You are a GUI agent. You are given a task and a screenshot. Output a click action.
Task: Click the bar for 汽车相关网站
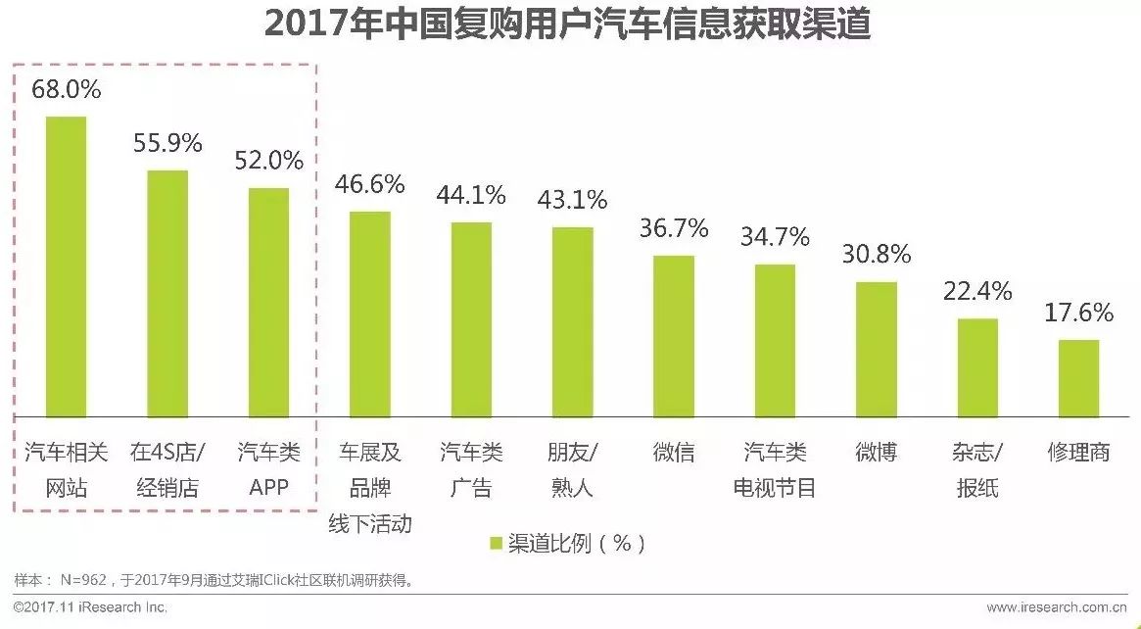(66, 266)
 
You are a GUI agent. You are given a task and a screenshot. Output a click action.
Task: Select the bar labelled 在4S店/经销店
(167, 293)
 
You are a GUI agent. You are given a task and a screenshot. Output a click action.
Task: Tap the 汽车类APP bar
(268, 302)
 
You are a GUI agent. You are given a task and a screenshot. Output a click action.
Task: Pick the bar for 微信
(674, 336)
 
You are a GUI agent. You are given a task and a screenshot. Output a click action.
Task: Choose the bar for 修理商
(1078, 378)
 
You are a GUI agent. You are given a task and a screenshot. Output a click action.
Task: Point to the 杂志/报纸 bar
(977, 367)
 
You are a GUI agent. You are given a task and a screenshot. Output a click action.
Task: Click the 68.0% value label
(67, 89)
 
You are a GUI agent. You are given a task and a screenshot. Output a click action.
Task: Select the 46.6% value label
(370, 184)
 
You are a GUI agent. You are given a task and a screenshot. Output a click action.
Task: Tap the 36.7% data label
(674, 228)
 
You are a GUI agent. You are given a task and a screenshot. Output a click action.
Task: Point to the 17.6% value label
(1078, 313)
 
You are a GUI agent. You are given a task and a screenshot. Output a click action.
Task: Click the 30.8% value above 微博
(877, 255)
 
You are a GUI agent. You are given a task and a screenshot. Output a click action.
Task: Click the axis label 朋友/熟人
(572, 469)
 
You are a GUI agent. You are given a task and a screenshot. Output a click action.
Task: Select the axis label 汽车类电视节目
(775, 469)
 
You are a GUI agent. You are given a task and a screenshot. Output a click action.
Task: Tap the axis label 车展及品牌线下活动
(370, 487)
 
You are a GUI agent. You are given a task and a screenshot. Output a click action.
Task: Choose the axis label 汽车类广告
(471, 469)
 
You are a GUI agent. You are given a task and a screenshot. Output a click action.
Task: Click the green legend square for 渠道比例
(496, 543)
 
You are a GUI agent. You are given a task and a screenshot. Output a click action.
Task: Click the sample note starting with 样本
(215, 580)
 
